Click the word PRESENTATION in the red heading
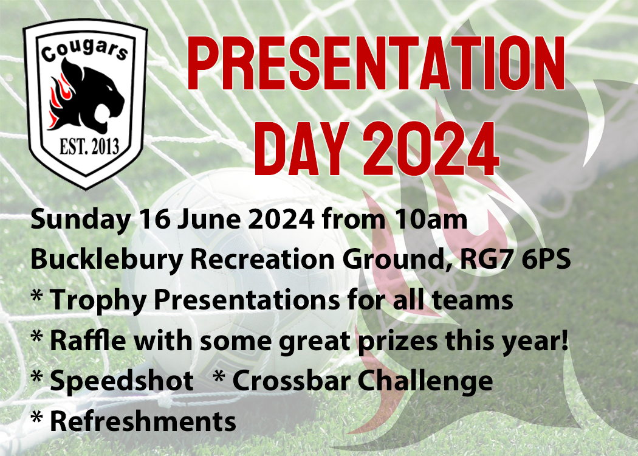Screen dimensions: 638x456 pos(376,63)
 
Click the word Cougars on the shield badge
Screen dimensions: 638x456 pos(84,50)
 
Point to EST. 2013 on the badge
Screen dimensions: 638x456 pos(89,147)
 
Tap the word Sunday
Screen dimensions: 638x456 pos(81,220)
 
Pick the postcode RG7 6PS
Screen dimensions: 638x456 pos(515,260)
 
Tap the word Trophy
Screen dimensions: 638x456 pos(98,301)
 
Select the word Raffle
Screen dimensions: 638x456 pos(87,340)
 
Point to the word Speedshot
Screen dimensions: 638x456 pos(122,381)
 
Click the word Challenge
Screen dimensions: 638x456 pos(425,381)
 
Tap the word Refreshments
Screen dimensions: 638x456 pos(143,421)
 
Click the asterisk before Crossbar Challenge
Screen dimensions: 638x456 pos(219,376)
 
